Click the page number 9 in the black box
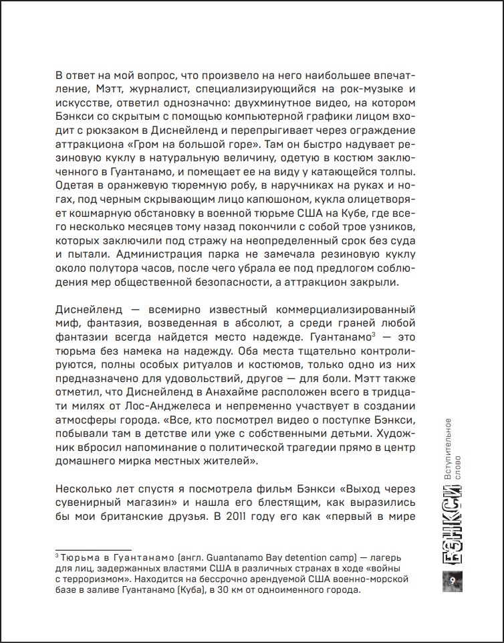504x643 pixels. click(452, 578)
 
